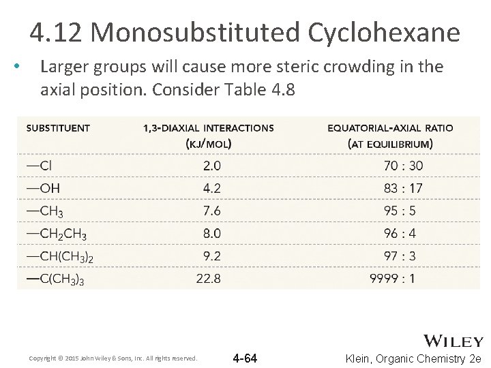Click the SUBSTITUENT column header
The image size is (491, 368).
coord(58,127)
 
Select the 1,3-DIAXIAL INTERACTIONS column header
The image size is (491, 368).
coord(209,135)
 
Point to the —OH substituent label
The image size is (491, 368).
coord(42,187)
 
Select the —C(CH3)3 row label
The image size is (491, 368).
coord(56,278)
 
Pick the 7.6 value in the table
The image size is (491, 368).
coord(211,211)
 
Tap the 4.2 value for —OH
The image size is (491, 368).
coord(211,187)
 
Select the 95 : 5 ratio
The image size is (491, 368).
coord(400,211)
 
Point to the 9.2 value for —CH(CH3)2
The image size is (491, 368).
coord(211,256)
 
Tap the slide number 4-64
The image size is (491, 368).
coord(245,358)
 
